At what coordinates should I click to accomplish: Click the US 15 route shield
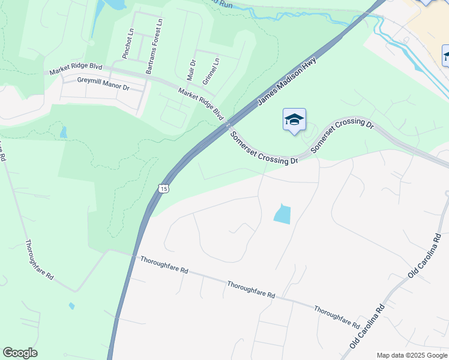[x=164, y=188]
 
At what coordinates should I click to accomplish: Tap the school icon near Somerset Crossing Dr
[x=294, y=120]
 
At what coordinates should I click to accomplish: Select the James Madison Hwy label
[x=287, y=82]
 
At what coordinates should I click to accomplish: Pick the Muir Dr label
[x=191, y=70]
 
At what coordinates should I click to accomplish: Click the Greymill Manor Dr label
[x=103, y=83]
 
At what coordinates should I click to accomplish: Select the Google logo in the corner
[x=20, y=353]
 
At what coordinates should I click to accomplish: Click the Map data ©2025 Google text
[x=411, y=355]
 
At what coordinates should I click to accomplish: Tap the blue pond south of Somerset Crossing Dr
[x=282, y=214]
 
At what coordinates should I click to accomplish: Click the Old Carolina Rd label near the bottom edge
[x=367, y=328]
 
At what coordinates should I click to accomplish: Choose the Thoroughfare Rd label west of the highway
[x=40, y=260]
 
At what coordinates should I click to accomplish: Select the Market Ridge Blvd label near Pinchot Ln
[x=76, y=68]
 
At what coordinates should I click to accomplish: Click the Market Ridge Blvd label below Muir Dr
[x=200, y=103]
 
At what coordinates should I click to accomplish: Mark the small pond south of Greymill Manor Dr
[x=64, y=132]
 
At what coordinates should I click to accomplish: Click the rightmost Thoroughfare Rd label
[x=337, y=316]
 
